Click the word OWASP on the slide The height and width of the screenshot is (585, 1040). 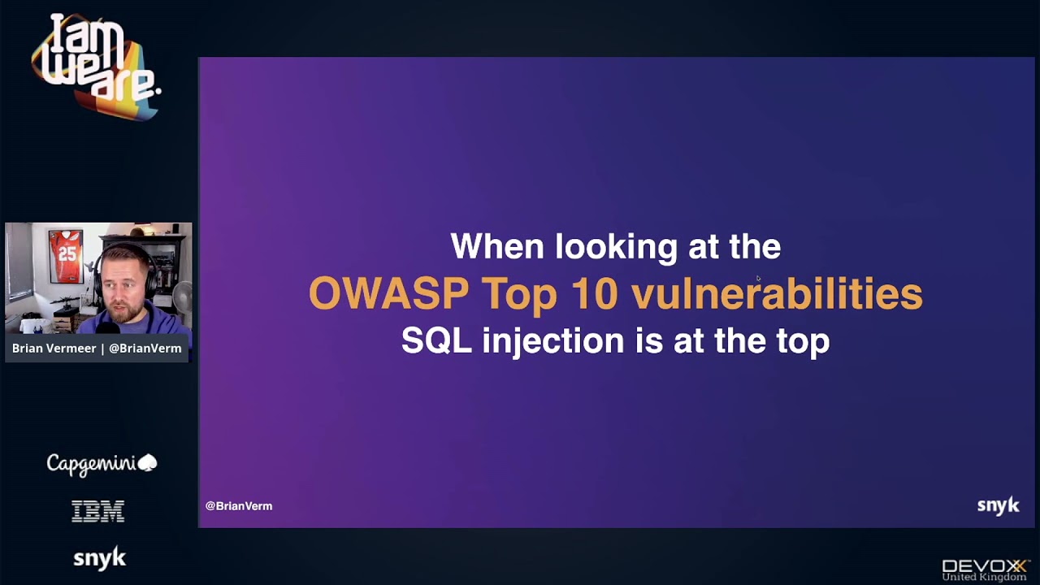pyautogui.click(x=388, y=293)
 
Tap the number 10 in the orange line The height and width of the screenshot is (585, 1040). pyautogui.click(x=594, y=293)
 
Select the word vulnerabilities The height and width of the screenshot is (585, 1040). pyautogui.click(x=777, y=293)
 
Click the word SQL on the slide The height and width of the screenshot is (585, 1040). pyautogui.click(x=436, y=340)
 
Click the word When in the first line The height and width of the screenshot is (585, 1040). pyautogui.click(x=496, y=246)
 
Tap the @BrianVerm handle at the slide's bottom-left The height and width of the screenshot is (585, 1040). pyautogui.click(x=239, y=505)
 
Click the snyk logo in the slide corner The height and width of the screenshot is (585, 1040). pyautogui.click(x=998, y=505)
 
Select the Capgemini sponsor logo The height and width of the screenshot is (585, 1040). pyautogui.click(x=101, y=463)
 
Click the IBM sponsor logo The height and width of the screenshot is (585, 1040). pyautogui.click(x=98, y=511)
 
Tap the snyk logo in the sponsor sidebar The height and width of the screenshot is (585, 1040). pyautogui.click(x=99, y=558)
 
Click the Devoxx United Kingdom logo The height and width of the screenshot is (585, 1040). pyautogui.click(x=984, y=569)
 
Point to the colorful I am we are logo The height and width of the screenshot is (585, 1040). pyautogui.click(x=95, y=65)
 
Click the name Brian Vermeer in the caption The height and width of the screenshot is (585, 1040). pyautogui.click(x=53, y=348)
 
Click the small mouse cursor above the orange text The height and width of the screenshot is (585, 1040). pyautogui.click(x=758, y=279)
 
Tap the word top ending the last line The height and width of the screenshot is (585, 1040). pyautogui.click(x=803, y=340)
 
